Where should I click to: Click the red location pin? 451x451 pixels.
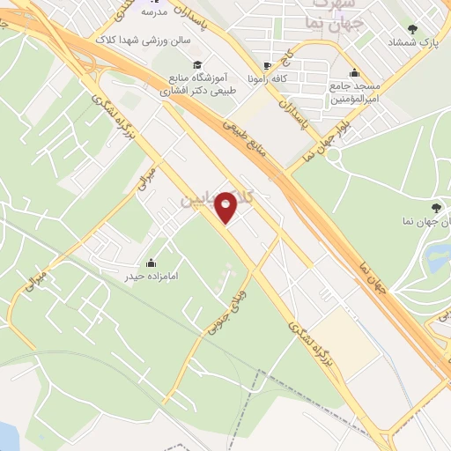227,206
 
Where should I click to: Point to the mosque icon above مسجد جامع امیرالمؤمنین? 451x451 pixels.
354,72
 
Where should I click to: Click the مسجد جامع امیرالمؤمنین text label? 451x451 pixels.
355,93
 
